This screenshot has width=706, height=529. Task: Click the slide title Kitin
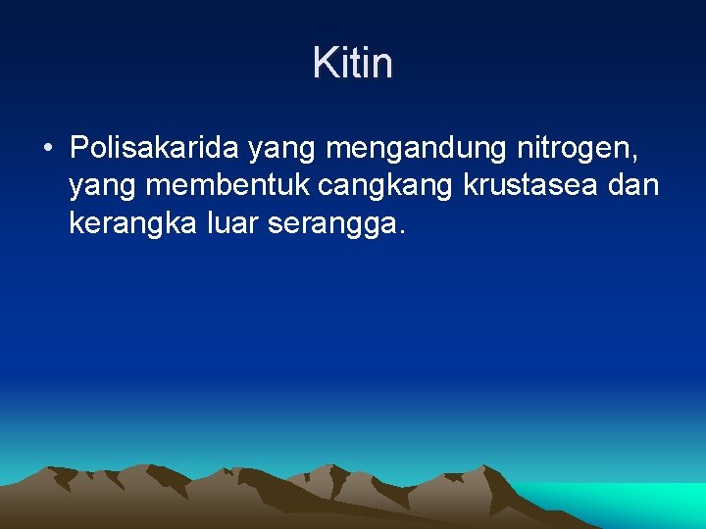[353, 64]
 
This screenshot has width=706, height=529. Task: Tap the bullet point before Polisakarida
[46, 149]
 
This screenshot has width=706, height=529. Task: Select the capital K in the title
[323, 64]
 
